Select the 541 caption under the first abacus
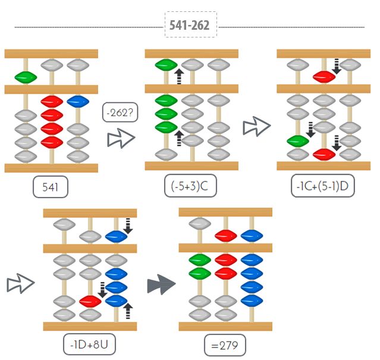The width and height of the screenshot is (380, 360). tap(51, 188)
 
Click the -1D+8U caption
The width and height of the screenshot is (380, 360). tap(90, 345)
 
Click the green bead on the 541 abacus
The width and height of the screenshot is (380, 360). tap(26, 77)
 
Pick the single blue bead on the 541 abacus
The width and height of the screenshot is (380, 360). tap(77, 101)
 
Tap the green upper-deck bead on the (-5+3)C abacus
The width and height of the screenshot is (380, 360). tap(166, 65)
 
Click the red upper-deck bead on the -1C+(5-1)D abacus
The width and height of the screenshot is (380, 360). tap(324, 76)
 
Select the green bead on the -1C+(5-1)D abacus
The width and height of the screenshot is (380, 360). tap(298, 141)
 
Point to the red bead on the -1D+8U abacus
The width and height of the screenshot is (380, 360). tap(90, 300)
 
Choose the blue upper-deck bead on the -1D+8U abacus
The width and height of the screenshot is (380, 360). tap(116, 236)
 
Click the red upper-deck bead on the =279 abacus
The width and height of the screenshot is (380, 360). tap(226, 234)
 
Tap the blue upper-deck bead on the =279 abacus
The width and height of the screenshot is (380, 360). tap(251, 234)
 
